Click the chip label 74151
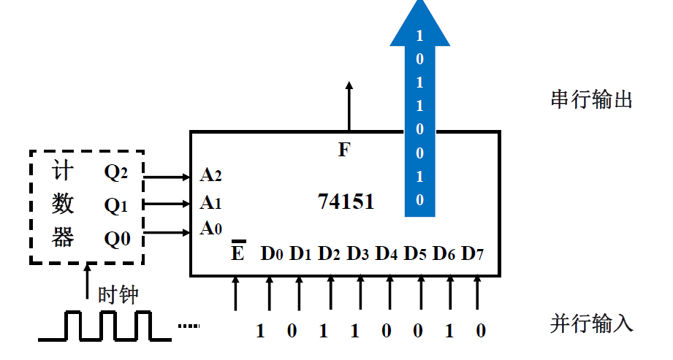pyautogui.click(x=346, y=202)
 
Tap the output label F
pyautogui.click(x=344, y=150)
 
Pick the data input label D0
pyautogui.click(x=272, y=254)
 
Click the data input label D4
pyautogui.click(x=387, y=254)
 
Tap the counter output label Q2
pyautogui.click(x=116, y=173)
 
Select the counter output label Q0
pyautogui.click(x=117, y=238)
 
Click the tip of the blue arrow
pyautogui.click(x=420, y=4)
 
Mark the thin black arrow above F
pyautogui.click(x=349, y=106)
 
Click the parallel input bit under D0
pyautogui.click(x=260, y=332)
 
